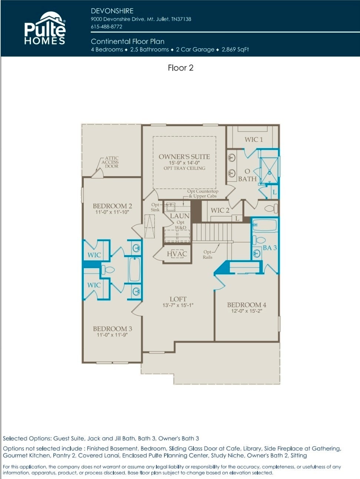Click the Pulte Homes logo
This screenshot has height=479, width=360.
point(45,28)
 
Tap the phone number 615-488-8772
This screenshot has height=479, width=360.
point(106,27)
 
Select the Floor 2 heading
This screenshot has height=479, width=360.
point(180,68)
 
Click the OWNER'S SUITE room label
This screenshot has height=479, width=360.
point(184,157)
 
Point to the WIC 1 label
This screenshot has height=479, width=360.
point(254,140)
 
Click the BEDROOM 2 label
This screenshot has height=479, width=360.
point(113,206)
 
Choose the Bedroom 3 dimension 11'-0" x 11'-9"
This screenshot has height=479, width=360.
point(112,335)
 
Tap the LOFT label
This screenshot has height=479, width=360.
point(178,299)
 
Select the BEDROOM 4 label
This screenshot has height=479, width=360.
point(246,305)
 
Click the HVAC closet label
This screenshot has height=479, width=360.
point(177,254)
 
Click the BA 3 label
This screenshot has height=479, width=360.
point(270,248)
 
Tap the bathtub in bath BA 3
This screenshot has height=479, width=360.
point(264,225)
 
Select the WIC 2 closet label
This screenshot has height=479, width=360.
point(220,210)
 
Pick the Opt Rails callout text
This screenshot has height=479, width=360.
point(207,254)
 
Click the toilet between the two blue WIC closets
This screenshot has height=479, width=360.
point(108,270)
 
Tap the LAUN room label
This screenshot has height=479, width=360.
point(180,216)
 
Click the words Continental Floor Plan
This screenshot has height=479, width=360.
point(127,41)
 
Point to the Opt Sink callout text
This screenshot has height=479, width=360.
point(155,207)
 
